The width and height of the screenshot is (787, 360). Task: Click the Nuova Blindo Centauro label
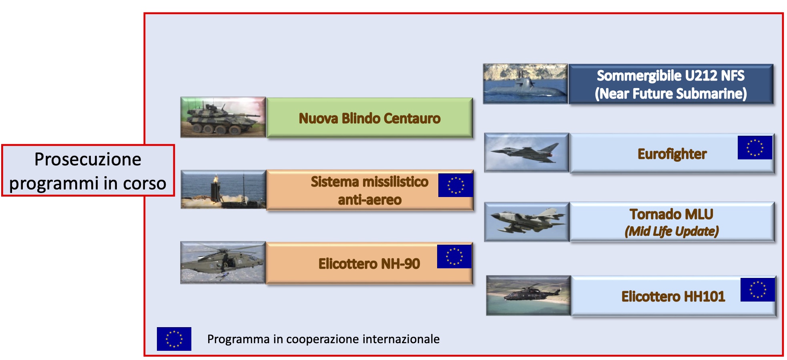pyautogui.click(x=369, y=118)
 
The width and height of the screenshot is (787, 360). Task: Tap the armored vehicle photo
pyautogui.click(x=223, y=117)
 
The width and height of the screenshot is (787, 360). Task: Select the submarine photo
pyautogui.click(x=525, y=84)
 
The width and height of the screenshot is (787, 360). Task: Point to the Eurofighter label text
pyautogui.click(x=672, y=154)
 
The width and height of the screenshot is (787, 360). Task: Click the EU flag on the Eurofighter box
pyautogui.click(x=755, y=148)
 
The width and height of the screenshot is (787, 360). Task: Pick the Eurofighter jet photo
pyautogui.click(x=526, y=153)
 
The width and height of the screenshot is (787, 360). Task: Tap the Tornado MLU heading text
pyautogui.click(x=671, y=214)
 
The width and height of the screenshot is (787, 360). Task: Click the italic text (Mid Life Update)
pyautogui.click(x=672, y=231)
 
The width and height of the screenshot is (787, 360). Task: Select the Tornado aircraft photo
pyautogui.click(x=526, y=221)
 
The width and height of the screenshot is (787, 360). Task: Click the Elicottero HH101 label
pyautogui.click(x=673, y=296)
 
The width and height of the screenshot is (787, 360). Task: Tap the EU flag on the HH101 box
pyautogui.click(x=757, y=290)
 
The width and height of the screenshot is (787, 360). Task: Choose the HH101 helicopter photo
pyautogui.click(x=528, y=296)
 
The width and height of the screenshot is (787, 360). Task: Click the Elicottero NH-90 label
pyautogui.click(x=369, y=264)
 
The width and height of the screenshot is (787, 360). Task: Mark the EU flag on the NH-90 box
pyautogui.click(x=454, y=256)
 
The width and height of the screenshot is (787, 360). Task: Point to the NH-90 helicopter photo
pyautogui.click(x=223, y=263)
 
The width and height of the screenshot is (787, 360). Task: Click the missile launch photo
pyautogui.click(x=223, y=189)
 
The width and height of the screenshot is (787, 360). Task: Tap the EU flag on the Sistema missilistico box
pyautogui.click(x=456, y=185)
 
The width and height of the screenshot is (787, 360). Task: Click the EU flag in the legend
pyautogui.click(x=174, y=339)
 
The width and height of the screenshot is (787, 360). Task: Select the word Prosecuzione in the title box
pyautogui.click(x=88, y=159)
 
